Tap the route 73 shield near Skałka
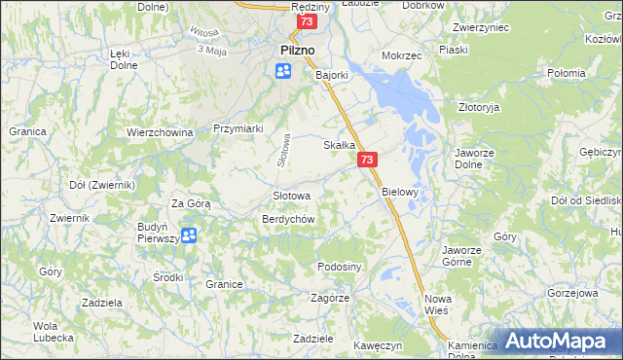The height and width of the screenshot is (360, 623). point(367,160)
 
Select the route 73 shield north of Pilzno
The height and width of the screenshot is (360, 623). point(308,21)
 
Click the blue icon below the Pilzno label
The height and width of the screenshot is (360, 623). point(283,70)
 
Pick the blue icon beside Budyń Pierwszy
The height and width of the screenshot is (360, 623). point(189,234)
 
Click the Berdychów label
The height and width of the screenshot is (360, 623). point(287,219)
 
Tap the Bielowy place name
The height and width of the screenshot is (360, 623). point(399,192)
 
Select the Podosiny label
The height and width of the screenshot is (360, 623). point(340,267)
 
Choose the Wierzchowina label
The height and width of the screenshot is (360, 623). point(159,131)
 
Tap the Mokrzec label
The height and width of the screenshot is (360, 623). point(402,56)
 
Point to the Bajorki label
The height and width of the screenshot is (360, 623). point(332,73)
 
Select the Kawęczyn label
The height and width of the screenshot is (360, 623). point(379,345)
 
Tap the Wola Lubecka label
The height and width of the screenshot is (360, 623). point(54,332)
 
